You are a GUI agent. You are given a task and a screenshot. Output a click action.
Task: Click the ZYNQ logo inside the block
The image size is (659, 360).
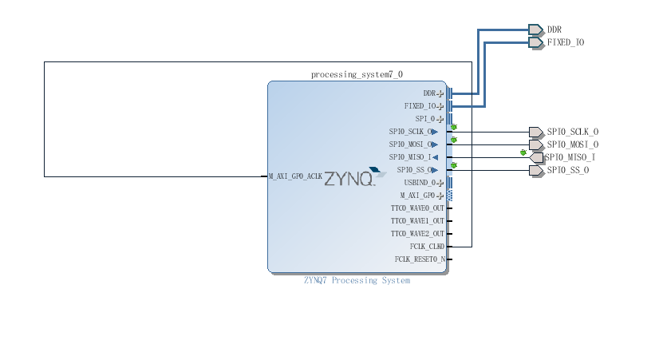[x=349, y=180]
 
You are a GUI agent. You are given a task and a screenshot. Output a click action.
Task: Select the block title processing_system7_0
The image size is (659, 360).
[x=357, y=74]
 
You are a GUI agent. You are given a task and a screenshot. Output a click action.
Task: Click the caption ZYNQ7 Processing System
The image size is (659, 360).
[x=357, y=280]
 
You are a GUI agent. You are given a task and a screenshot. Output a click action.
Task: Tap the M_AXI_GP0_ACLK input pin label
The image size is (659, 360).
[x=295, y=176]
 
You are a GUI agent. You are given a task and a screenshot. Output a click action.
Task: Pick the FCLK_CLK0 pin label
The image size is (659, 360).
[x=421, y=247]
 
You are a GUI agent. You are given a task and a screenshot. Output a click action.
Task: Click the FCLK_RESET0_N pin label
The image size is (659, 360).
[x=419, y=259]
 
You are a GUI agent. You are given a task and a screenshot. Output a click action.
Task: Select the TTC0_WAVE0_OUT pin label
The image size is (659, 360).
[x=417, y=208]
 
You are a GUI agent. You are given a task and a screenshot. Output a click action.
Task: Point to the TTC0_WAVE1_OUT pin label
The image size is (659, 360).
[x=417, y=221]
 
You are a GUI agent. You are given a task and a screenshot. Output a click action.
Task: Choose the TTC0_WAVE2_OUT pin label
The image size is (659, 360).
[x=417, y=234]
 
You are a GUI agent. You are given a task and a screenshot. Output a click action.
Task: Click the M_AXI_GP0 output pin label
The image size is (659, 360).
[x=417, y=196]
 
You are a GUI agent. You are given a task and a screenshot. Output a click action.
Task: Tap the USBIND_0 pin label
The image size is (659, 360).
[x=420, y=183]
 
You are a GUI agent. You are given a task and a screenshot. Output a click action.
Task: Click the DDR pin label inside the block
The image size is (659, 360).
[x=429, y=93]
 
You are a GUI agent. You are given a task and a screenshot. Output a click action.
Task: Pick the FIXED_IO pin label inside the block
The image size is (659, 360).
[x=420, y=106]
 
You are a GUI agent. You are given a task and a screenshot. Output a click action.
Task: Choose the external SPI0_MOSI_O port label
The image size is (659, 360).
[x=573, y=144]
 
